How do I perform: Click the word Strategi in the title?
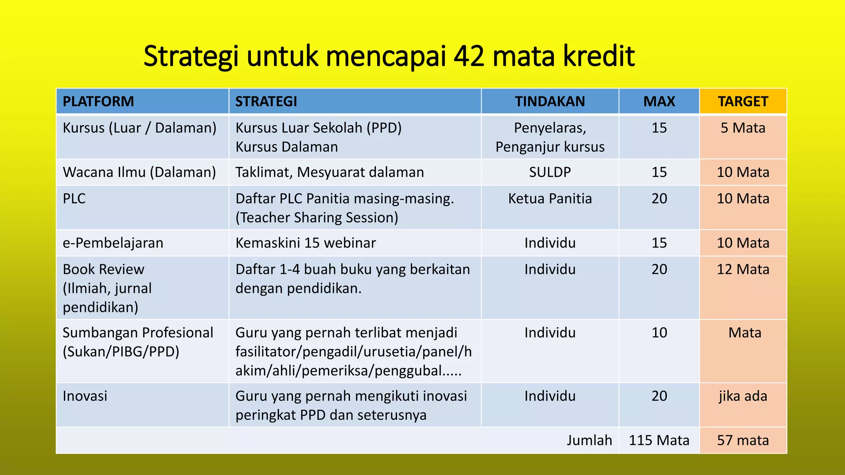(x=191, y=56)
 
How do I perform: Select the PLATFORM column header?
(x=98, y=101)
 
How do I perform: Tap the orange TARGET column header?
(x=743, y=101)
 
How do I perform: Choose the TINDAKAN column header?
(x=550, y=101)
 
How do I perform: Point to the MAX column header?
(x=659, y=101)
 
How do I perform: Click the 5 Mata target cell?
(x=743, y=128)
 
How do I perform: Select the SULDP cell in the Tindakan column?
(x=550, y=172)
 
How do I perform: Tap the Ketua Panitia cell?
(x=550, y=199)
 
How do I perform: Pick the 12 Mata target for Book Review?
(x=743, y=270)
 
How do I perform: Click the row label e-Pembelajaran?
(x=113, y=243)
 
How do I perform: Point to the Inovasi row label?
(x=85, y=396)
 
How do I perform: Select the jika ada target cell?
(x=743, y=396)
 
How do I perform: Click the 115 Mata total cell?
(x=659, y=440)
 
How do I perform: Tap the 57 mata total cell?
(x=743, y=440)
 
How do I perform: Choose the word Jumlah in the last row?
(x=589, y=440)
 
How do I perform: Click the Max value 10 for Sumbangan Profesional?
(x=659, y=333)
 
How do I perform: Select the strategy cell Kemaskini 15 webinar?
(x=305, y=243)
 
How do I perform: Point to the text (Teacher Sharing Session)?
(x=316, y=218)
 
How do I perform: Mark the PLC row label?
(x=74, y=199)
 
